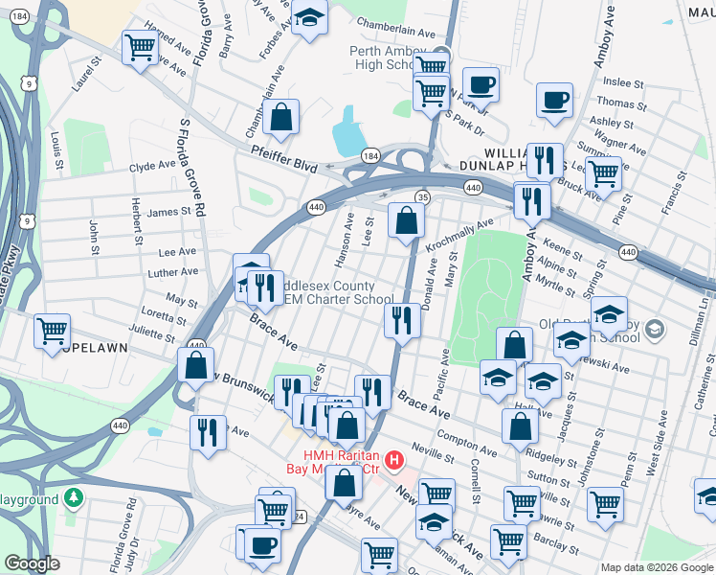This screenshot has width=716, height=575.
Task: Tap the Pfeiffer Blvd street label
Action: pos(285,158)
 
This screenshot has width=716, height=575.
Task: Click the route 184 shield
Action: pos(370,155)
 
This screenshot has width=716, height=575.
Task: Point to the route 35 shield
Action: pos(421,196)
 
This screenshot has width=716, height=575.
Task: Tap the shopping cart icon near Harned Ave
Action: pos(140,46)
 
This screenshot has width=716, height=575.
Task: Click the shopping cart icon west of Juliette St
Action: pos(52,331)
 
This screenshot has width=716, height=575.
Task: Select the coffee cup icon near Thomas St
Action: pos(553,99)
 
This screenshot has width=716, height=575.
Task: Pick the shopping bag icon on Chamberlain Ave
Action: pos(282,118)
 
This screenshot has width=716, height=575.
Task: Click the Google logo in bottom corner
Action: pos(31,563)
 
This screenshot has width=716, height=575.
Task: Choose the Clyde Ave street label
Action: pos(153,165)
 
